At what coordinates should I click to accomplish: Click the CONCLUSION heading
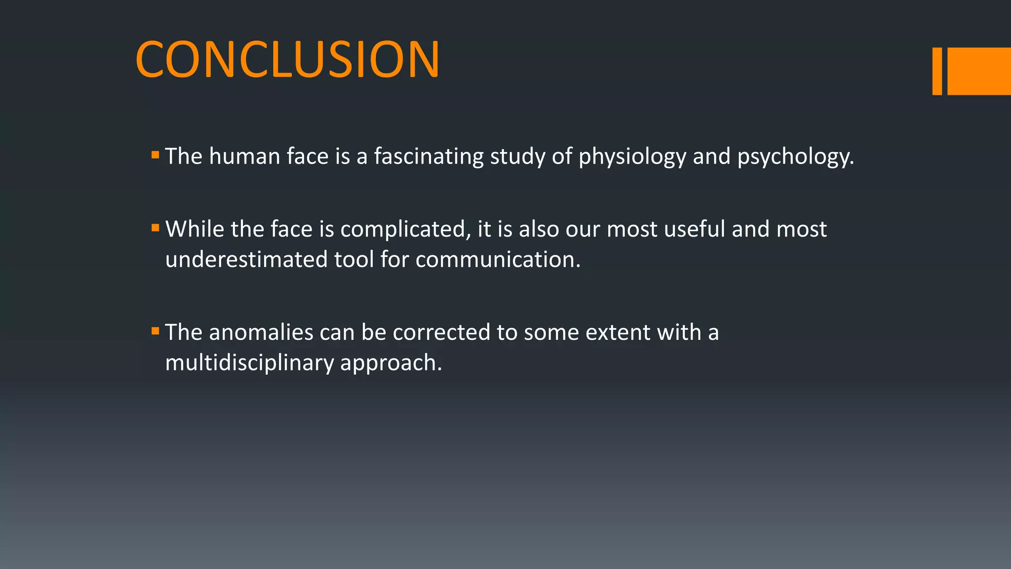pyautogui.click(x=287, y=60)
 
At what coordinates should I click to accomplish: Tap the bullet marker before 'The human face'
pyautogui.click(x=156, y=155)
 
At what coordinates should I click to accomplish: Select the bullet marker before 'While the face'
pyautogui.click(x=156, y=228)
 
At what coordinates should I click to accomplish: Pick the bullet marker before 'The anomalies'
pyautogui.click(x=156, y=331)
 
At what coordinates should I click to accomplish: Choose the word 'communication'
pyautogui.click(x=498, y=259)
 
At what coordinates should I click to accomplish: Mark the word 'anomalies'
pyautogui.click(x=261, y=332)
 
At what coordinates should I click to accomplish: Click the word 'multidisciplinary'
pyautogui.click(x=249, y=363)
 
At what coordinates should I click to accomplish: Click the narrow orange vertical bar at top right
pyautogui.click(x=937, y=71)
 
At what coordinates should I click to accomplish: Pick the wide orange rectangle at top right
pyautogui.click(x=979, y=71)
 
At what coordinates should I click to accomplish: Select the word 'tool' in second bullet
pyautogui.click(x=354, y=259)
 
